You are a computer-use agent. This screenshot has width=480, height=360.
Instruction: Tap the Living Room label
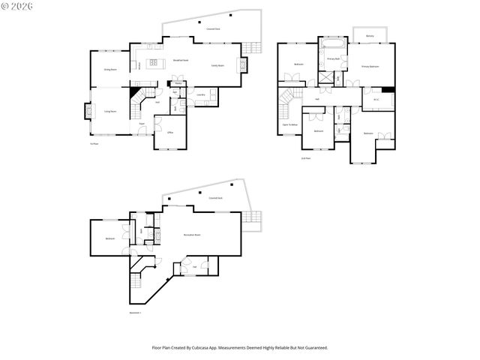pyautogui.click(x=110, y=110)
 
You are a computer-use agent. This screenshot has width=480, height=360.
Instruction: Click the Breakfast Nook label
pyautogui.click(x=181, y=60)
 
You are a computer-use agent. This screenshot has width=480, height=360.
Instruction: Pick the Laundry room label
pyautogui.click(x=200, y=95)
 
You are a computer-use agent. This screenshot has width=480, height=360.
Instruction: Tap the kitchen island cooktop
pyautogui.click(x=155, y=63)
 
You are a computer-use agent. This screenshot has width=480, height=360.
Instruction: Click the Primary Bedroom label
pyautogui.click(x=370, y=67)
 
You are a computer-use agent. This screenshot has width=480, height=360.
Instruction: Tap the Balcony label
pyautogui.click(x=370, y=36)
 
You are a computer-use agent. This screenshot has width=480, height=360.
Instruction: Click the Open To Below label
pyautogui.click(x=290, y=124)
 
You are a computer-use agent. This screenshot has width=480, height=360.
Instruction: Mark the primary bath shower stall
pyautogui.click(x=327, y=77)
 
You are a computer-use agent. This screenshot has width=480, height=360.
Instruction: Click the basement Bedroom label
pyautogui.click(x=109, y=238)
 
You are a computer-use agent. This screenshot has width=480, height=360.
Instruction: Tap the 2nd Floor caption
pyautogui.click(x=306, y=158)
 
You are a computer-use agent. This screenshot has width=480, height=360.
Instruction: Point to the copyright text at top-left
pyautogui.click(x=17, y=6)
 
